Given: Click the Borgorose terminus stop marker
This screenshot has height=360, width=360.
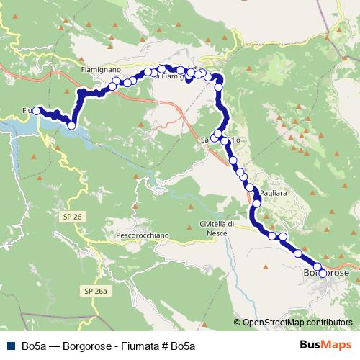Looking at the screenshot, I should click(323, 273).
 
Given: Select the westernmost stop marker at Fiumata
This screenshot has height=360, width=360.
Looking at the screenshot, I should click(36, 110).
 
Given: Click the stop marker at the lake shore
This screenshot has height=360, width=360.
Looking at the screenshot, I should click(71, 126).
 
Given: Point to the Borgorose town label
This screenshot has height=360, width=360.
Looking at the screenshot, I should click(325, 274).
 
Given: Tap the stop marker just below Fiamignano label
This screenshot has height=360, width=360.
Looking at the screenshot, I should click(115, 81).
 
